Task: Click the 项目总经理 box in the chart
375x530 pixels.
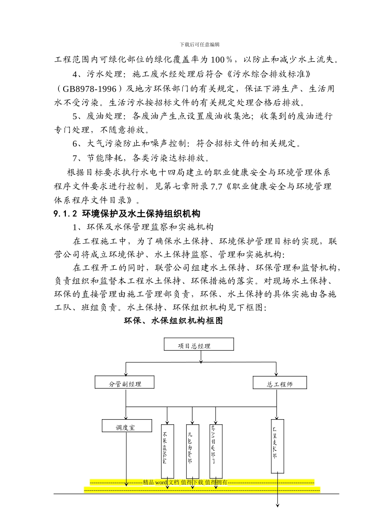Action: [199, 344]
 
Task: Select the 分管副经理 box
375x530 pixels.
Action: [125, 383]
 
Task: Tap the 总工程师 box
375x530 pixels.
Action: [280, 383]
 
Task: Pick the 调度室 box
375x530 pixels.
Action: [127, 426]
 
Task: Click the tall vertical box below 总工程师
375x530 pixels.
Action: [277, 446]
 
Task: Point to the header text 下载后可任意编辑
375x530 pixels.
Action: [200, 45]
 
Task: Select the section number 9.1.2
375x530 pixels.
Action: [65, 214]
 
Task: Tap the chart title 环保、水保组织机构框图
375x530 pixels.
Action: [174, 321]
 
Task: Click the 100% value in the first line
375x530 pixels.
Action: [222, 60]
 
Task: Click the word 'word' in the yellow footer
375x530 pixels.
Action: [161, 482]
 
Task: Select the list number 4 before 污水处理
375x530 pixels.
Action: [75, 74]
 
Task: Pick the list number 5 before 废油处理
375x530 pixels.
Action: [75, 116]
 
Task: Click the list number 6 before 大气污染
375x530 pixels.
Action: [75, 144]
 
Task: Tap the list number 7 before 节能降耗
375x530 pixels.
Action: [75, 158]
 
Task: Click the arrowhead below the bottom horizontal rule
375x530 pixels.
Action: [277, 505]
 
